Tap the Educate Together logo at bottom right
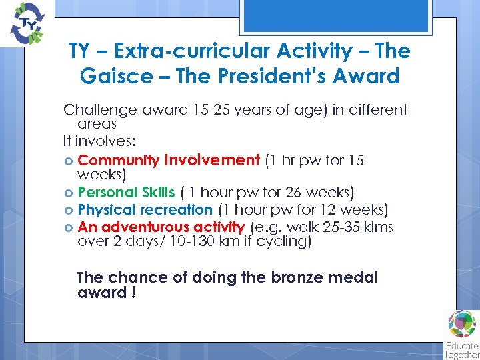coord(461,334)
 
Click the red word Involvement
coord(212,160)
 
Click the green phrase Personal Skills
coord(126,193)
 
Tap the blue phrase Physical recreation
coord(145,210)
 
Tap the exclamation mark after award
coord(134,293)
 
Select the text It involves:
coord(99,141)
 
